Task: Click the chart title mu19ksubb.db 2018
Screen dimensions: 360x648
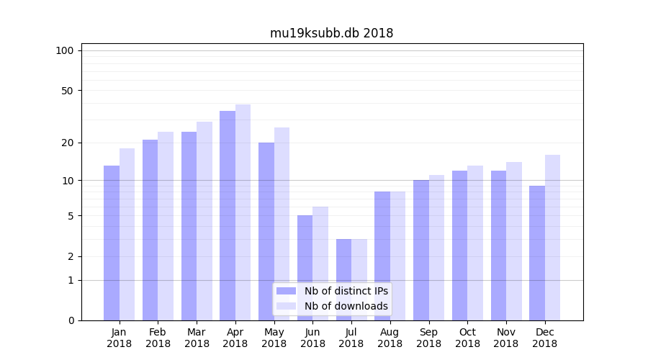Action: [331, 33]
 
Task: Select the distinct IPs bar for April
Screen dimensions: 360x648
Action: [228, 215]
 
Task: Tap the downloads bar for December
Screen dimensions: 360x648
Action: [552, 238]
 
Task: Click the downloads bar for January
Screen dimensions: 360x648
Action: [127, 234]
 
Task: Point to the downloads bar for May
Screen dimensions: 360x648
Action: [282, 224]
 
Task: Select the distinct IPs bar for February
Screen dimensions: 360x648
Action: [150, 230]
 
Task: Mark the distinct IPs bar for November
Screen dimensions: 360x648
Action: [498, 246]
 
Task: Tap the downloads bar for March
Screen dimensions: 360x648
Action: [204, 221]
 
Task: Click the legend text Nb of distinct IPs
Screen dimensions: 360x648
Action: [346, 291]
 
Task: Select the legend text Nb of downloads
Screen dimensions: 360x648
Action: [346, 306]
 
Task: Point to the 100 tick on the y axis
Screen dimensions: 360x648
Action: [65, 50]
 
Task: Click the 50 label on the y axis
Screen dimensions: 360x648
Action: [67, 91]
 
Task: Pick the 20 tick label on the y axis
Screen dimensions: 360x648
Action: [67, 143]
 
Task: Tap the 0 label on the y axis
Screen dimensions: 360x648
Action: [71, 320]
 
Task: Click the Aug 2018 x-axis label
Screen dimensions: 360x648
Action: [390, 338]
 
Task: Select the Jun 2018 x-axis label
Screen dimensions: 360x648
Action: [312, 338]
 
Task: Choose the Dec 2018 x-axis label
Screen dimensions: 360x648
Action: [544, 338]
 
